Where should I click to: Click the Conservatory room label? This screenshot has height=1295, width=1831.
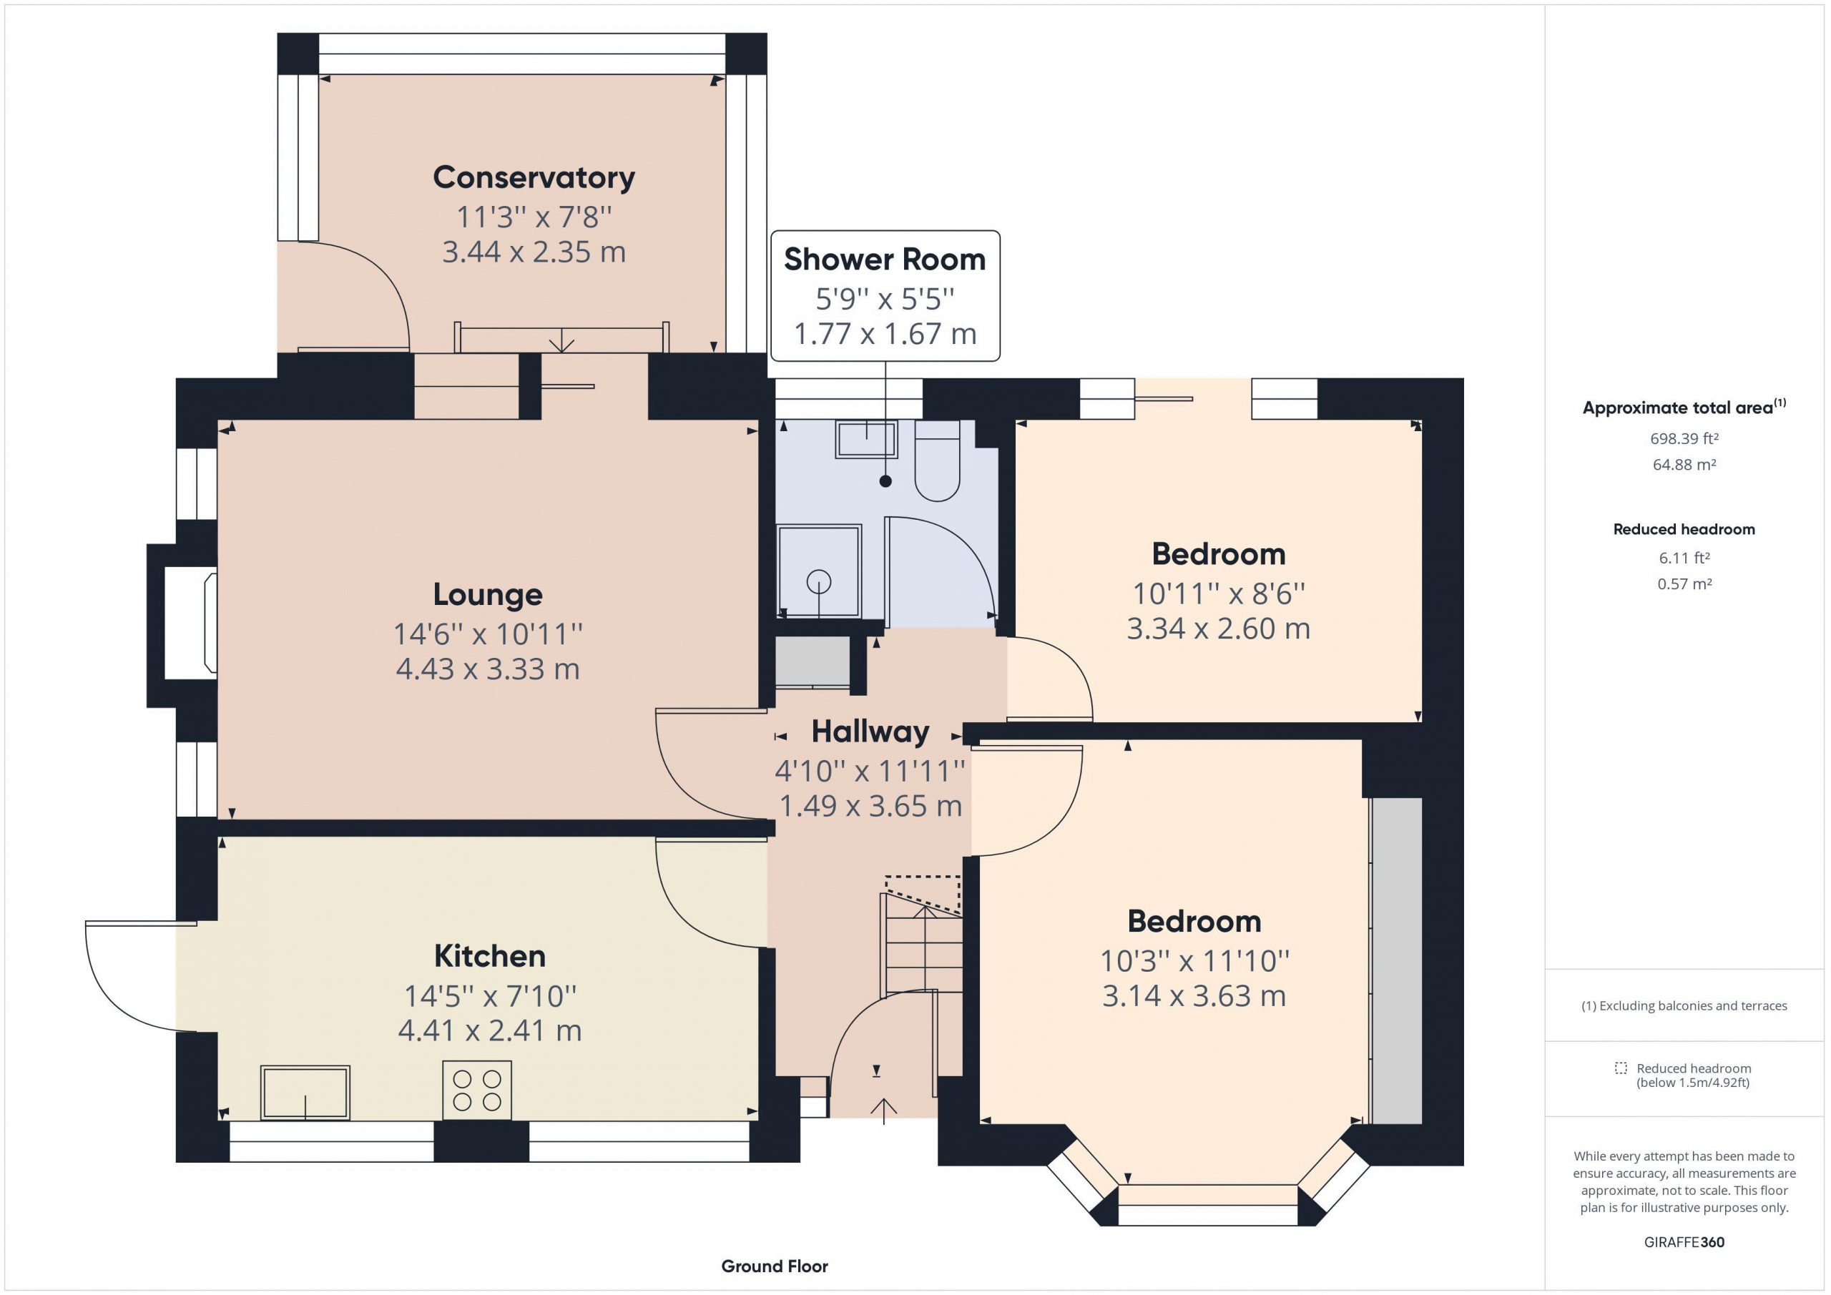pos(534,178)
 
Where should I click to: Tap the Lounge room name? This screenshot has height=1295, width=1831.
pos(487,595)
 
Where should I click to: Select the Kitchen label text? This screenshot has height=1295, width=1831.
pos(490,955)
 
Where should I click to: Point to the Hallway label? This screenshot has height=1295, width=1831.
pos(870,732)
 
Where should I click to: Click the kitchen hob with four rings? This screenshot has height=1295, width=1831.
pos(477,1090)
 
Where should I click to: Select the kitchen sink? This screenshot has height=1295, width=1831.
pos(305,1092)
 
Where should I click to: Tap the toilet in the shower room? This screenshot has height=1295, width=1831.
pos(937,461)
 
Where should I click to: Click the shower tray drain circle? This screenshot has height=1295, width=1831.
pos(818,582)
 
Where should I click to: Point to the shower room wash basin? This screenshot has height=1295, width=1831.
pos(866,438)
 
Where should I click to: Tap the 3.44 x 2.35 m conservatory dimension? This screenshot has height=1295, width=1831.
pos(534,252)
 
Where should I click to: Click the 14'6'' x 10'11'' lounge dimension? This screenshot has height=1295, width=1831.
pos(487,634)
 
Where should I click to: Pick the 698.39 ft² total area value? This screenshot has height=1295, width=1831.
pos(1684,438)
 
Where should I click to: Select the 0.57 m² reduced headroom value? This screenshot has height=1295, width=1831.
pos(1684,584)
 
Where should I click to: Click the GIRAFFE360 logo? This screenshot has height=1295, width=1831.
pos(1684,1241)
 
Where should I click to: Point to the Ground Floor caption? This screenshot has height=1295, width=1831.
pos(775,1266)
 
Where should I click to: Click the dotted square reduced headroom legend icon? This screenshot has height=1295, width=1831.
pos(1621,1068)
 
